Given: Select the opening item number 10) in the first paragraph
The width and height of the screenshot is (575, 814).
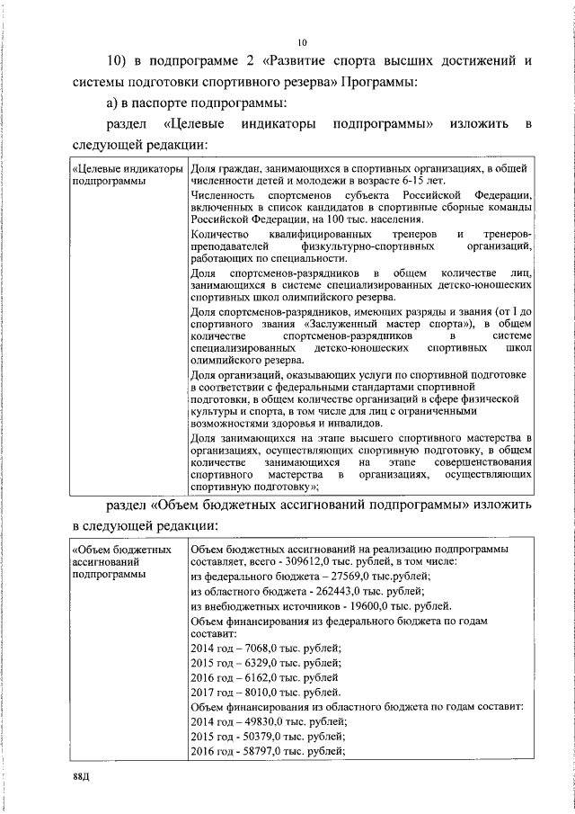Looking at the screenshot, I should coord(120,62).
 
